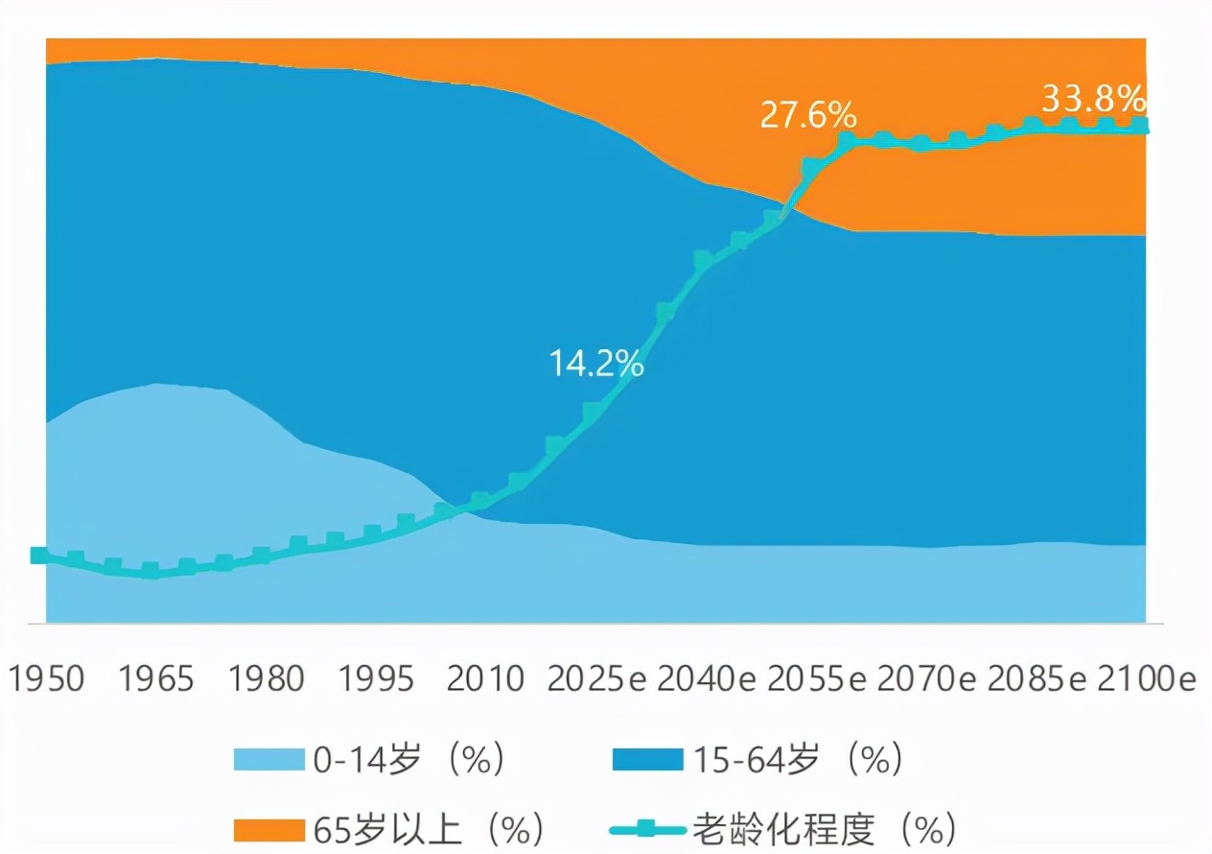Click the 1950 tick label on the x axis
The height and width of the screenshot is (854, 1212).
tap(46, 678)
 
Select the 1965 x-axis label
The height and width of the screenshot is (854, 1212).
tap(156, 678)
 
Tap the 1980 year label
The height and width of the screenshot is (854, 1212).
tap(268, 678)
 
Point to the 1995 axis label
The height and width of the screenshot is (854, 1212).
tap(378, 678)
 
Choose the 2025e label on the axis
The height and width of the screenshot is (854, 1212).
tap(598, 678)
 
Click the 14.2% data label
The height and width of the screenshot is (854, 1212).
tap(595, 364)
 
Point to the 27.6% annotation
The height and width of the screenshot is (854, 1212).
tap(807, 115)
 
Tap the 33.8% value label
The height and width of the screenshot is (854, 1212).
tap(1093, 98)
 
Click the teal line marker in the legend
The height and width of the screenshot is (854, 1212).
tap(647, 827)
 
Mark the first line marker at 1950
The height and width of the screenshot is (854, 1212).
tap(39, 556)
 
